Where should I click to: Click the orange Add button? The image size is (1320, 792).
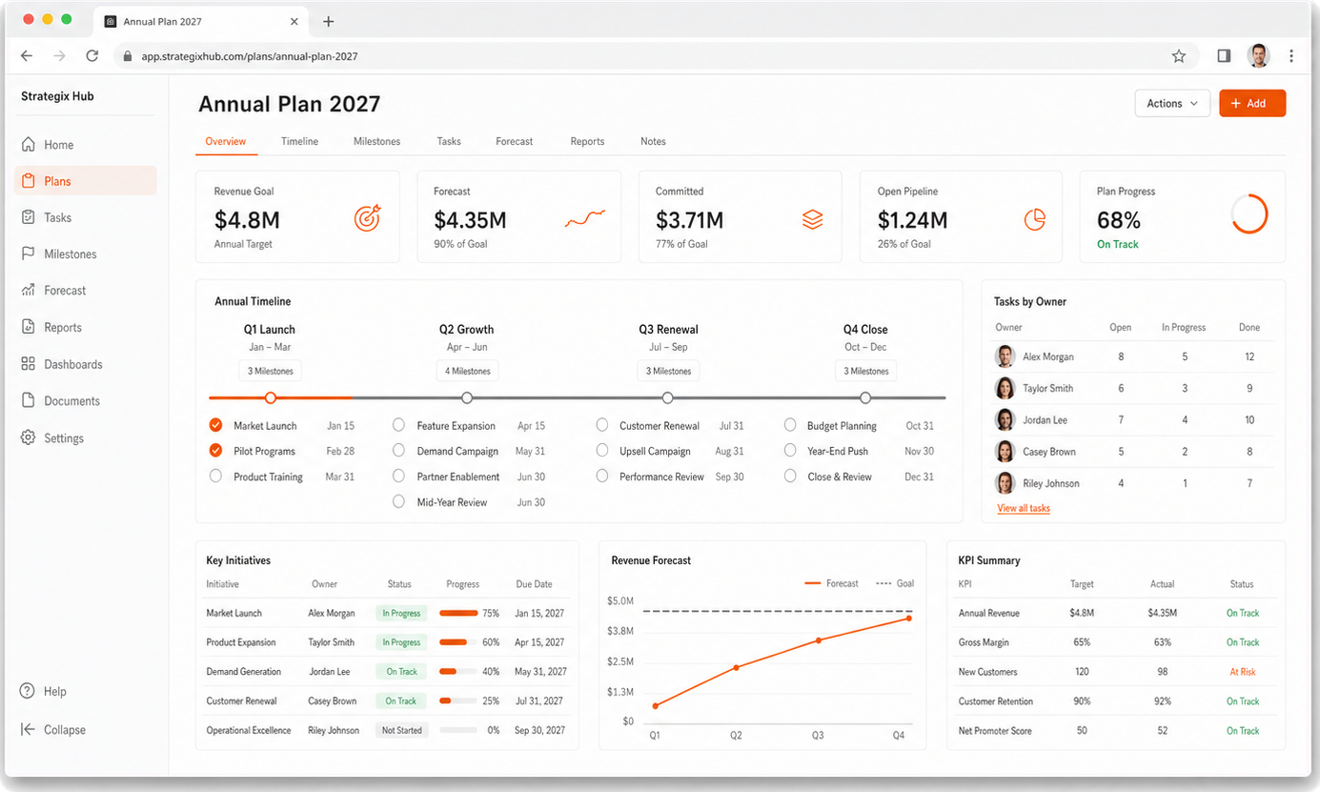[x=1252, y=103]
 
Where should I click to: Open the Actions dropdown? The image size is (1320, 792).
[x=1172, y=103]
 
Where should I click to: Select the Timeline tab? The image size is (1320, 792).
[x=299, y=141]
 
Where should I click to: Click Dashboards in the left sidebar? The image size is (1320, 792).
[x=73, y=364]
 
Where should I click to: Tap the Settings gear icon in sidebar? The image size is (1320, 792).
[x=28, y=437]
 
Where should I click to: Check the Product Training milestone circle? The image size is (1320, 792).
[x=215, y=476]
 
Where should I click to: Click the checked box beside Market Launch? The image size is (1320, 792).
[x=215, y=425]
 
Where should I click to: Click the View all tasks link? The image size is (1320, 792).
[x=1024, y=508]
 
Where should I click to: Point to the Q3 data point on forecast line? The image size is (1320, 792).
[x=819, y=640]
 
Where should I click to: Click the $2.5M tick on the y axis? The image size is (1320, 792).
[x=620, y=661]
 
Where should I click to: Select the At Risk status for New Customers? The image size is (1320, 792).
[x=1242, y=672]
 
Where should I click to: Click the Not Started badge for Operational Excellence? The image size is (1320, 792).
[x=402, y=730]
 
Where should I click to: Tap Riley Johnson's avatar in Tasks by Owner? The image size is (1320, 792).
[x=1005, y=482]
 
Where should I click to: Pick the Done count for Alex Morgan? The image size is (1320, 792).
[x=1249, y=356]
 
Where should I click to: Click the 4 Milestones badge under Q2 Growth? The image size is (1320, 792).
[x=467, y=371]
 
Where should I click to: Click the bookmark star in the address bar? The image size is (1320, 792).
[x=1179, y=56]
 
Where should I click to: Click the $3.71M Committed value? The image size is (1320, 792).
[x=689, y=220]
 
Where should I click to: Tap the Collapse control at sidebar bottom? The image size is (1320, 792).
[x=53, y=729]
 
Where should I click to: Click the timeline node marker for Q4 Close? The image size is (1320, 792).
[x=865, y=397]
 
